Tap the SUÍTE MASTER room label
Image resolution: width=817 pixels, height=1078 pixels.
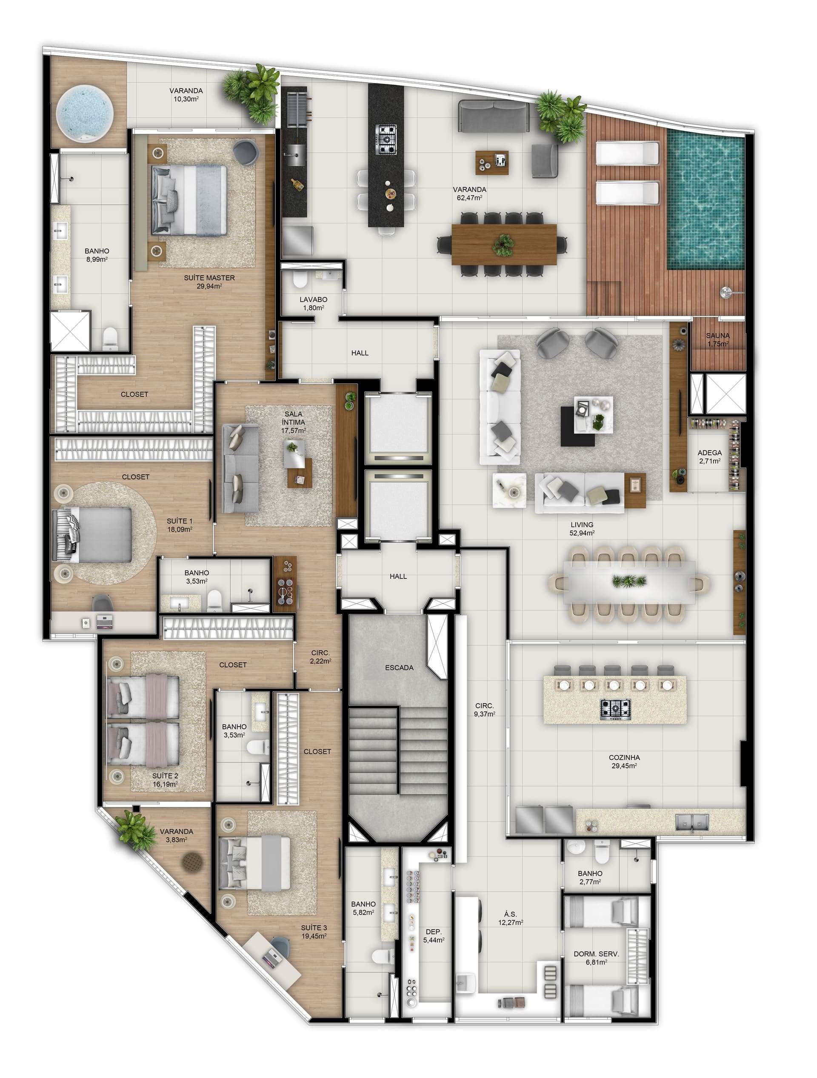coord(209,278)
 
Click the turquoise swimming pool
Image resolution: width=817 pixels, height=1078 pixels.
coord(706,200)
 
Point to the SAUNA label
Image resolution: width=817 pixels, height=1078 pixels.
coord(717,336)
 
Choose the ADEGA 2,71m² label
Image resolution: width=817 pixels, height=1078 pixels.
coord(710,456)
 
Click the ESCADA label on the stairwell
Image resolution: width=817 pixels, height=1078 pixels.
coord(399,667)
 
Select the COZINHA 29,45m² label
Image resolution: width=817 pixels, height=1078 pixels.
coord(624,761)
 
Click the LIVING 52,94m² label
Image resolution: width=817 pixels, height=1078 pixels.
coord(582,529)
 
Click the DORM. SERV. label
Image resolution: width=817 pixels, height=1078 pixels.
coord(596,954)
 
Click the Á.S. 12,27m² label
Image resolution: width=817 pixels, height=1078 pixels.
coord(510,918)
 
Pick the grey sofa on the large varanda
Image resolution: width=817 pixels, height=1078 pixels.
coord(493,116)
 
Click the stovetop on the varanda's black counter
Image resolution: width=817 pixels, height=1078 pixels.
coord(386,140)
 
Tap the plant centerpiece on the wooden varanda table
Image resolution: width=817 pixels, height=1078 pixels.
coord(503,244)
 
